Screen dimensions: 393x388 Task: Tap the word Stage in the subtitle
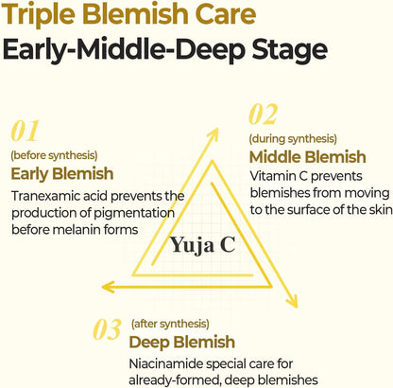[x=290, y=50]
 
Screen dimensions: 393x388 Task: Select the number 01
[x=25, y=131]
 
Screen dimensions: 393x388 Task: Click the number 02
[x=264, y=115]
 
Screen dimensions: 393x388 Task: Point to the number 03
[x=107, y=329]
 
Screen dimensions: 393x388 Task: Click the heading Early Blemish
[x=62, y=174]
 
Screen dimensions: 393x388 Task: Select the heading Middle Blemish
[x=308, y=157]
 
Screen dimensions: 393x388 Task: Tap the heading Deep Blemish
[x=182, y=343]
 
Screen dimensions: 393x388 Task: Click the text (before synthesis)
[x=54, y=155]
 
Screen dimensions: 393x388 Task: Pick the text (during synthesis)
[x=293, y=138]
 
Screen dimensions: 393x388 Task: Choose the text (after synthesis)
[x=170, y=324]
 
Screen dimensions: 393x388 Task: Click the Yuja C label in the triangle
[x=203, y=245]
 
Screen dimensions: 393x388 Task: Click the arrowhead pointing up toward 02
[x=214, y=133]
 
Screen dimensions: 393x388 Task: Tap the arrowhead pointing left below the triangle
[x=108, y=287]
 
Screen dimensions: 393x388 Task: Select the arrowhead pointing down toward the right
[x=292, y=301]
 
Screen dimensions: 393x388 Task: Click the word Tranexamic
[x=45, y=196]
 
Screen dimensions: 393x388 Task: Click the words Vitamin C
[x=279, y=176]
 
